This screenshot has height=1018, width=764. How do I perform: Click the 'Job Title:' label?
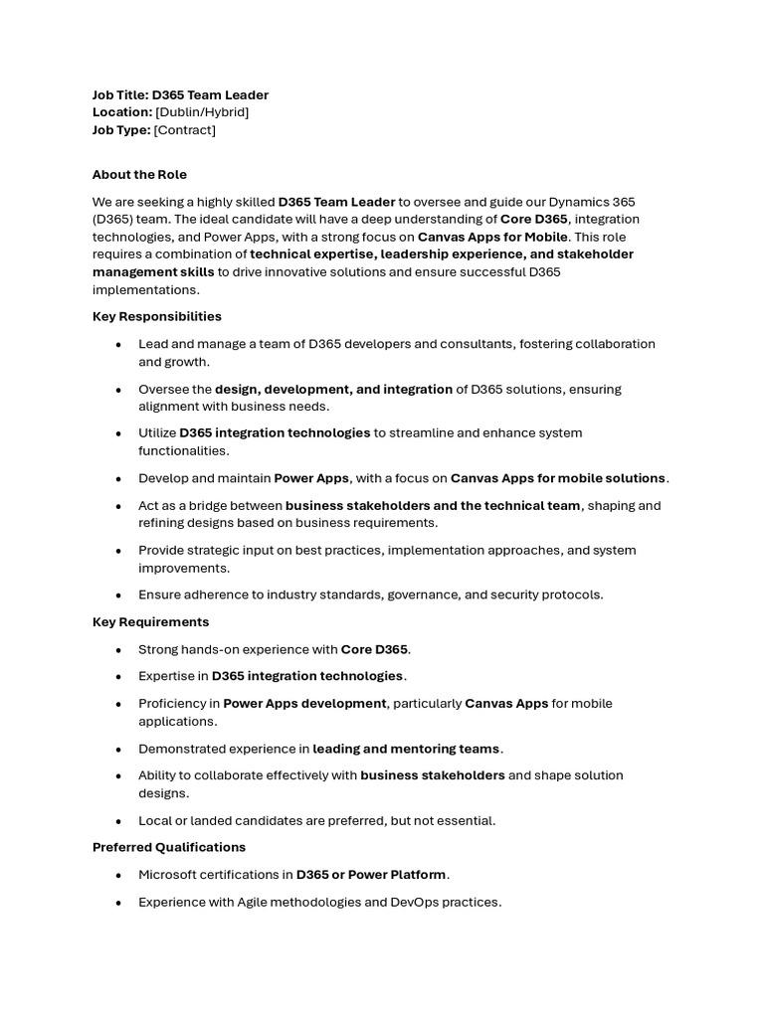pos(120,94)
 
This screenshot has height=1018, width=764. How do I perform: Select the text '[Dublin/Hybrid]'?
pos(202,112)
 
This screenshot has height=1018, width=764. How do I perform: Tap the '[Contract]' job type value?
pos(184,130)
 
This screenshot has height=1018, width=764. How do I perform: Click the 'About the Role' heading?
pos(139,174)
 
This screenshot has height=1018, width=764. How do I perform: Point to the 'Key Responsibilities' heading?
pos(157,316)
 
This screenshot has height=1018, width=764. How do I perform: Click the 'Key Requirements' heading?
pos(150,621)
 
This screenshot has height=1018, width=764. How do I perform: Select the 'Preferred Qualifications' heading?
pos(169,847)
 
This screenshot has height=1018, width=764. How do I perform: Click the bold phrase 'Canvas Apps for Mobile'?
pos(492,237)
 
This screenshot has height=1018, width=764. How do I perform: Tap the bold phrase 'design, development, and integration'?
pos(333,389)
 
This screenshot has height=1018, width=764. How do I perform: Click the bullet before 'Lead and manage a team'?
pos(118,344)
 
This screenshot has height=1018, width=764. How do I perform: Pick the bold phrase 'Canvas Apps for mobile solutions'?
pos(558,478)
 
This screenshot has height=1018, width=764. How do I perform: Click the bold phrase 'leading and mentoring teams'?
pos(407,749)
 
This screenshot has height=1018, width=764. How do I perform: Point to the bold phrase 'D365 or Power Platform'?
pos(371,875)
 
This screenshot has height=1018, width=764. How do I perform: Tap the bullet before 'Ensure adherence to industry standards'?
pos(118,594)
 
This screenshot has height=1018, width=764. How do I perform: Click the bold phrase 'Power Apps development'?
pos(304,703)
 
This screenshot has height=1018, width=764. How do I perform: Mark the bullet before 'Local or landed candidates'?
pos(118,820)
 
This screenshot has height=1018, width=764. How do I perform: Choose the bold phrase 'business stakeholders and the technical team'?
pos(433,505)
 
